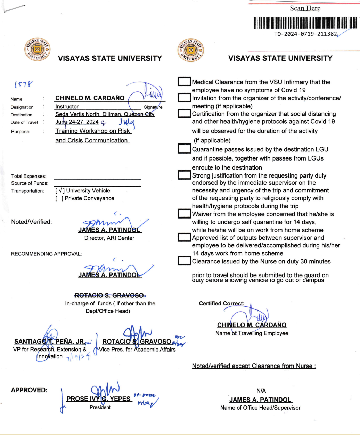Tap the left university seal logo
(x=38, y=48)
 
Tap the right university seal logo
(x=190, y=50)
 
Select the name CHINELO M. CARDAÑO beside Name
(x=90, y=98)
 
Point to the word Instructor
(x=67, y=107)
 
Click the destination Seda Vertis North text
(x=105, y=114)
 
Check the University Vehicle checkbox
(x=59, y=191)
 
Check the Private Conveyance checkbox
(x=59, y=198)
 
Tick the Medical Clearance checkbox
(x=184, y=82)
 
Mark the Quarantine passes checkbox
(x=184, y=149)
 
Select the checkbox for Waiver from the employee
(x=184, y=213)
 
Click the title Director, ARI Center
(x=109, y=238)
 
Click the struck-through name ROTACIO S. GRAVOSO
(x=109, y=295)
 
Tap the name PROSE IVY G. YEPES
(x=99, y=399)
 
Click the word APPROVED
(x=29, y=390)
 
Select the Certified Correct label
(x=222, y=303)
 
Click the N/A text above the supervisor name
(x=261, y=391)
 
